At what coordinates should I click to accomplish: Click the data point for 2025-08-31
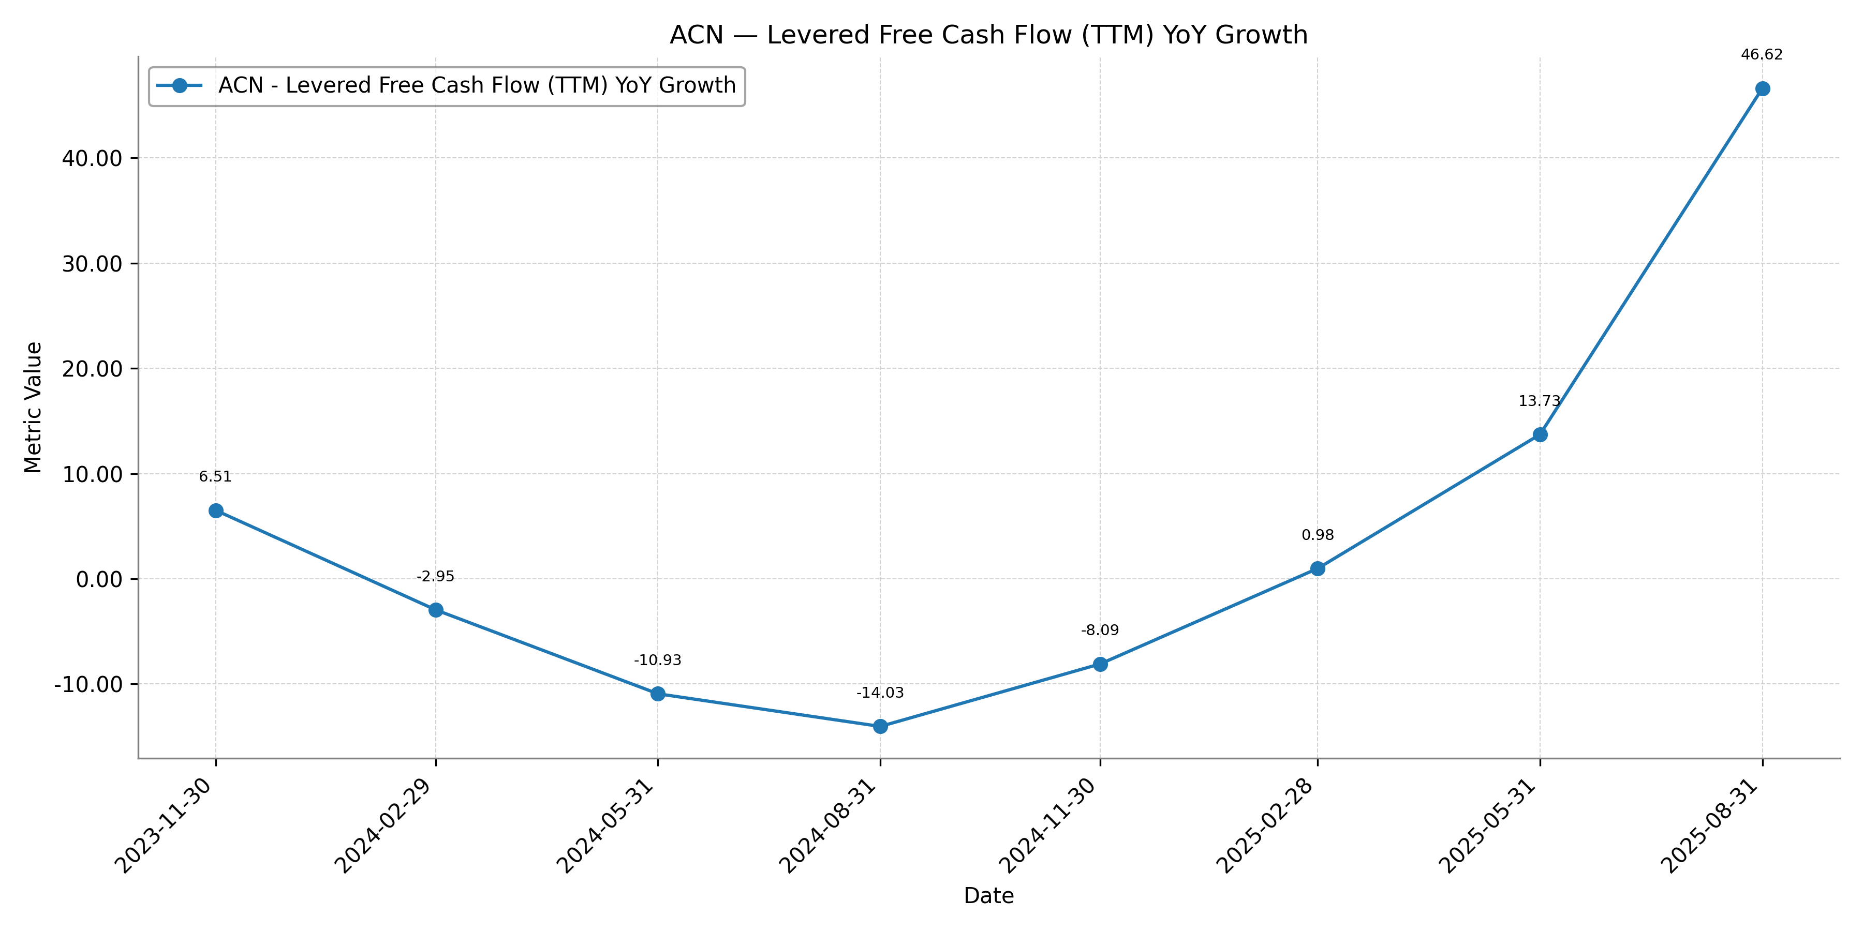tap(1763, 89)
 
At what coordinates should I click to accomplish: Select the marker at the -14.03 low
tap(880, 727)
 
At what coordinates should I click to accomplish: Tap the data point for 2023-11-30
tap(215, 511)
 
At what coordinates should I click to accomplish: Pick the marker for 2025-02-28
tap(1318, 569)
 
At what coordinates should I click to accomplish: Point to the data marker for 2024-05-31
tap(657, 694)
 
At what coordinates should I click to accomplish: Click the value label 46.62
tap(1762, 55)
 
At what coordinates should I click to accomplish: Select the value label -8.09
tap(1100, 630)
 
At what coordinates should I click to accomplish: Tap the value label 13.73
tap(1539, 401)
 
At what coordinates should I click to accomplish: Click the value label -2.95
tap(435, 576)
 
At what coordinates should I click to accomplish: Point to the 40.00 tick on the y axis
tap(92, 158)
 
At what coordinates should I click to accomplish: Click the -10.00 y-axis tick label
tap(88, 684)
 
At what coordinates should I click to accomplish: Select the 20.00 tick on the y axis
tap(92, 369)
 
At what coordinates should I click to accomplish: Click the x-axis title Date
tap(988, 896)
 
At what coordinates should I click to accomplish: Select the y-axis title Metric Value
tap(33, 408)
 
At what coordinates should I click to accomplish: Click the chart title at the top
tap(988, 35)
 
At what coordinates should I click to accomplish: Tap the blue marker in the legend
tap(180, 86)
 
